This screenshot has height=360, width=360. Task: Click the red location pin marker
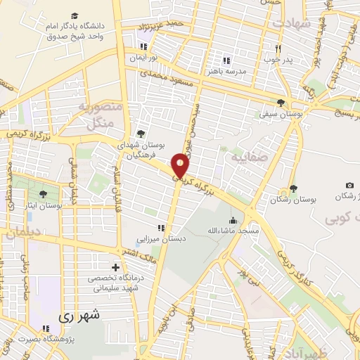click(x=181, y=166)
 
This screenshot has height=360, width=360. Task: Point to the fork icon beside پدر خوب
click(x=278, y=48)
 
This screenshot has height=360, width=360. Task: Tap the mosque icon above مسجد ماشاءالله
click(x=233, y=219)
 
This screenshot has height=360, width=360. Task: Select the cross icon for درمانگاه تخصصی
click(x=116, y=266)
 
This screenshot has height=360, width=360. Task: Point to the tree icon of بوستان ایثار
click(x=43, y=193)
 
